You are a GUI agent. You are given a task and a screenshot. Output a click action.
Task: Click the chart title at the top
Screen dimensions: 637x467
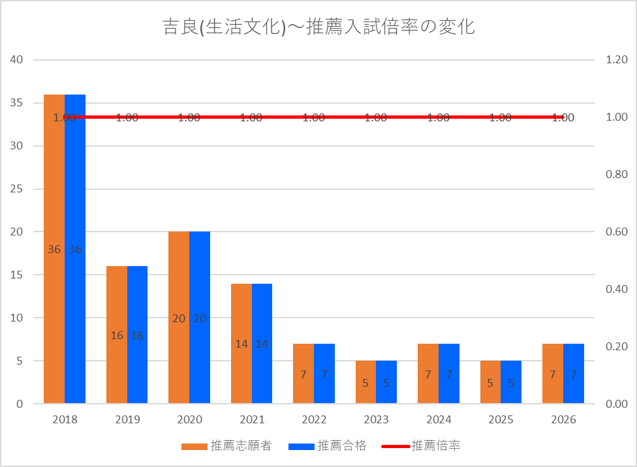coord(318,27)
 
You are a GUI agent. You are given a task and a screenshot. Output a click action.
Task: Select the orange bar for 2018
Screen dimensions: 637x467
coord(54,249)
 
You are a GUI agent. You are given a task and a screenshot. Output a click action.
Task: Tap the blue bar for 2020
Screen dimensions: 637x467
coord(200,318)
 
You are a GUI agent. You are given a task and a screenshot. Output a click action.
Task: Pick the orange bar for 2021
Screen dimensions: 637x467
coord(241,344)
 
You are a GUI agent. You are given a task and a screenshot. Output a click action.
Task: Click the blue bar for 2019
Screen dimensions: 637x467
coord(137,335)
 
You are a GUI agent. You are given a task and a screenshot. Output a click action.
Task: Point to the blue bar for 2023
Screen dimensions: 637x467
coord(386,382)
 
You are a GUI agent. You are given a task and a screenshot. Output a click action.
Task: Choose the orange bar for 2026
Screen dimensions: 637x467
coord(553,374)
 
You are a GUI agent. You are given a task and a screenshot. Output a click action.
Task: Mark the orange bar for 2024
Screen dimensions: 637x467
coord(428,374)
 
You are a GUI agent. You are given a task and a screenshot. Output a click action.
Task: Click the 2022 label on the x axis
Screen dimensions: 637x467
coord(314,419)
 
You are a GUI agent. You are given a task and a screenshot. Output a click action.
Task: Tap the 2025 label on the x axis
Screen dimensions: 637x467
coord(501,419)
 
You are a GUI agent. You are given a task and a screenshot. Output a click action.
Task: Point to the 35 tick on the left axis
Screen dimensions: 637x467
coord(16,103)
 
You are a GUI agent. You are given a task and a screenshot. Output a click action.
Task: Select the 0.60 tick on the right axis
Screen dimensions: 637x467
coord(617,232)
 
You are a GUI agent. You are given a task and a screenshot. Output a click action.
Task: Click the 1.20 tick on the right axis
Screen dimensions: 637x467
coord(617,60)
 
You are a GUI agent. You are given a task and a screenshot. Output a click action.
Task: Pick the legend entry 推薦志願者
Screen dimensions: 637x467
coord(226,446)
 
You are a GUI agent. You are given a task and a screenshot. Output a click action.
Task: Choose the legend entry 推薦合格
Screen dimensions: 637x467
coord(328,446)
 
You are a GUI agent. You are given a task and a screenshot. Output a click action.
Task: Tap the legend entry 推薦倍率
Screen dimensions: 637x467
coord(421,446)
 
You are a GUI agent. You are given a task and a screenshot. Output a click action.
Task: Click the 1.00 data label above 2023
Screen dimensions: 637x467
coord(376,118)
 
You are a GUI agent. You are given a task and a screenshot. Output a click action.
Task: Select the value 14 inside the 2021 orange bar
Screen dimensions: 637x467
coord(241,344)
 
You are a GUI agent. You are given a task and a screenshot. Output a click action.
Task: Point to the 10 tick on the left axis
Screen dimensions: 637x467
coord(16,318)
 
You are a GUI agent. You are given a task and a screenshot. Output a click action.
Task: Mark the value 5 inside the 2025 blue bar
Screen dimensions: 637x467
coord(511,383)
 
